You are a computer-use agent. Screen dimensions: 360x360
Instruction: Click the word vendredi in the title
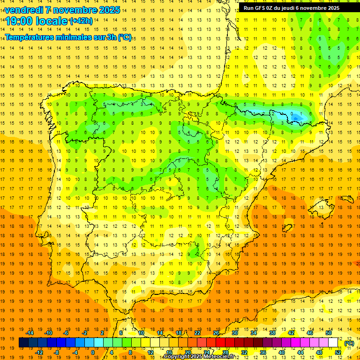pos(24,10)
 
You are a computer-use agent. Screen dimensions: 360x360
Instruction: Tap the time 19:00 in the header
pos(20,21)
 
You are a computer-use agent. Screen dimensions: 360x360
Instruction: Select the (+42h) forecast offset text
pos(81,21)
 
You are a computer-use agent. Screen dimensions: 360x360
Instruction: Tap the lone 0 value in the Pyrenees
pos(292,114)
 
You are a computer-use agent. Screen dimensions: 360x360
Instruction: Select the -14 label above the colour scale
pos(30,333)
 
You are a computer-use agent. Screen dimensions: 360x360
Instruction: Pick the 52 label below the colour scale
pos(338,352)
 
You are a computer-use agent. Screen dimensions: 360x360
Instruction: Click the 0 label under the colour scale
pos(92,352)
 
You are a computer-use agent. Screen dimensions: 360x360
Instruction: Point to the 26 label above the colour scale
pos(216,333)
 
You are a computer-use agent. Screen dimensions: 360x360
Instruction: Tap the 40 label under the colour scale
pos(282,352)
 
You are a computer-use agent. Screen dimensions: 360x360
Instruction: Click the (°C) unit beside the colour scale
pos(349,343)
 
